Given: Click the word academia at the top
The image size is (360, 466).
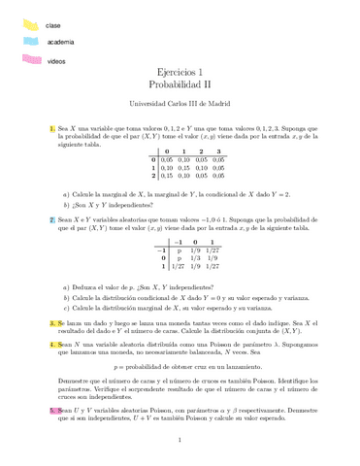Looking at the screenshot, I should pos(60,43).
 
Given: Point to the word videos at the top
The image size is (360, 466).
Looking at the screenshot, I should pos(56,60).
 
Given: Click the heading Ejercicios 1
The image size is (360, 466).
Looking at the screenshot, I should pos(180,72).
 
